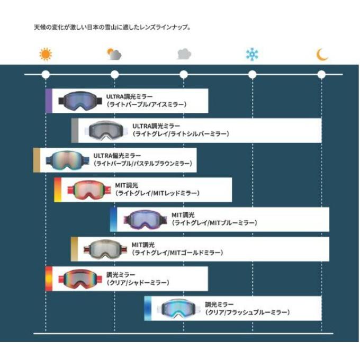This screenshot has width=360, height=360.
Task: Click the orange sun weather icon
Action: (x=46, y=54)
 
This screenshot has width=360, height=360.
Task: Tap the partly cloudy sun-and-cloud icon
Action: (x=114, y=54)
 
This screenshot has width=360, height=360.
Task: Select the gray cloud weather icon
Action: (x=184, y=53)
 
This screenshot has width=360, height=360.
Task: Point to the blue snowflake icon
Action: (x=252, y=55)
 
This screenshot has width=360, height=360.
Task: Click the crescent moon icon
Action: (x=321, y=55)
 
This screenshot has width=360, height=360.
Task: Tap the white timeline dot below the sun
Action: (x=46, y=75)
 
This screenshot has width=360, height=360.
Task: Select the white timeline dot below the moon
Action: (x=321, y=75)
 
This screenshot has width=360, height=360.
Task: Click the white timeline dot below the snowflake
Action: (x=253, y=75)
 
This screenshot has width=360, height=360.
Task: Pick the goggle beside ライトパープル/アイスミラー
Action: (x=80, y=101)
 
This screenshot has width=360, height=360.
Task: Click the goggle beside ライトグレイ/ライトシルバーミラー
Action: (x=106, y=130)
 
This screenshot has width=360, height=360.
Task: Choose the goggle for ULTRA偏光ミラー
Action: (x=67, y=160)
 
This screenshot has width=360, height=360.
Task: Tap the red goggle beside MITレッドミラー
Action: (x=89, y=190)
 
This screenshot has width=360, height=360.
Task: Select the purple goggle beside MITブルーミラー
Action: (x=145, y=220)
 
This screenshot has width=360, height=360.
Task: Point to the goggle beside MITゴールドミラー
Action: (x=105, y=249)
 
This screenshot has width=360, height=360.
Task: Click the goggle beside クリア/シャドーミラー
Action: (x=80, y=279)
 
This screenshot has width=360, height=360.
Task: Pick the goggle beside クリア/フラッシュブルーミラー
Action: (x=178, y=309)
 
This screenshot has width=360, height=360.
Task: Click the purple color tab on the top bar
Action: (x=49, y=101)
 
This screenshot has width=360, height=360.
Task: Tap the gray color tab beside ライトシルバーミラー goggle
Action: (x=75, y=130)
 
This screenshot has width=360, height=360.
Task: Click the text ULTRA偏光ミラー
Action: (x=117, y=156)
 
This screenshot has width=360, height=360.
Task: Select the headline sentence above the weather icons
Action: (x=112, y=28)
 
